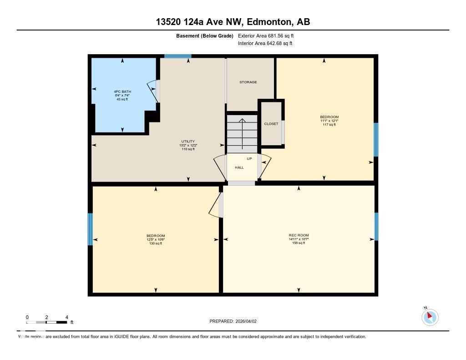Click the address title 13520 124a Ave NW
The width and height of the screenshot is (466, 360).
(x=233, y=22)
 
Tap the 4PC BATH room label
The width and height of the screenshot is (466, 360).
(x=122, y=92)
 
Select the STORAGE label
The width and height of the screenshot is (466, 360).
(x=248, y=82)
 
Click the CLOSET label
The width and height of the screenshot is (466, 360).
(x=271, y=124)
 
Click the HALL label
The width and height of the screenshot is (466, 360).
(x=239, y=167)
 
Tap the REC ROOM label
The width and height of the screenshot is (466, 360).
(x=299, y=235)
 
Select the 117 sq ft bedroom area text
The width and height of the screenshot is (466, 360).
(x=329, y=125)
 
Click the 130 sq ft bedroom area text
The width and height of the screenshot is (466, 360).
(x=156, y=243)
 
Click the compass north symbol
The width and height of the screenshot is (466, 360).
(x=430, y=316)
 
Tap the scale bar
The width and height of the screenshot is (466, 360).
(x=47, y=322)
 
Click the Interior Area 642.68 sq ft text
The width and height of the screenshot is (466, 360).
(x=265, y=44)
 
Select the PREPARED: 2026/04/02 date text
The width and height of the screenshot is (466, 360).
(x=233, y=321)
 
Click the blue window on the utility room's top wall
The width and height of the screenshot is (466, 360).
(x=177, y=56)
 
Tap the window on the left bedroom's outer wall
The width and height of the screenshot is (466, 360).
(x=90, y=229)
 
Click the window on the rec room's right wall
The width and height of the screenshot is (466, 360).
(x=376, y=226)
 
